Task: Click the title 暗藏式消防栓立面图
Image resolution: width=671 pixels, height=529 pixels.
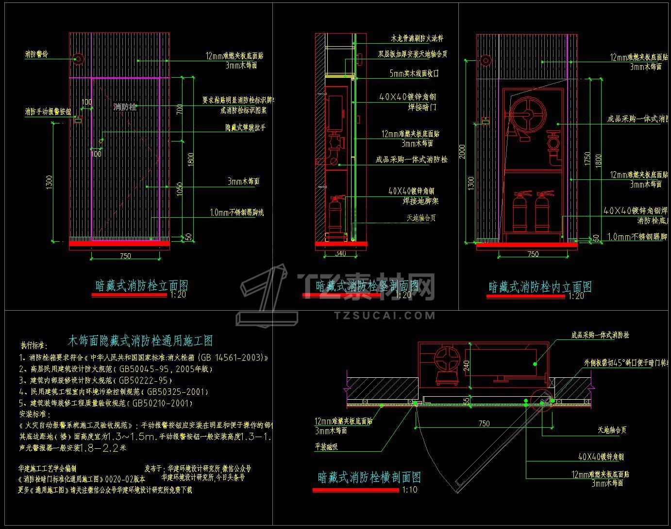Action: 141,285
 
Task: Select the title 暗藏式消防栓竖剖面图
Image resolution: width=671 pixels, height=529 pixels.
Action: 367,285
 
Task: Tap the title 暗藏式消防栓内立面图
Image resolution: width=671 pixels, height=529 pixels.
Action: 540,287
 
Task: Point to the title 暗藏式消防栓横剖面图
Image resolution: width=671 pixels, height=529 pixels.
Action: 369,477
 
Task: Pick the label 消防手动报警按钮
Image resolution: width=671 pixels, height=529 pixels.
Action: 48,112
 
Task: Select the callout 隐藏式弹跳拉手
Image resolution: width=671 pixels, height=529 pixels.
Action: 245,128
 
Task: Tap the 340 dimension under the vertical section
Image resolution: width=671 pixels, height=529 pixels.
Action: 340,254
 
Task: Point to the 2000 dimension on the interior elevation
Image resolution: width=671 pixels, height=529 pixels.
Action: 463,151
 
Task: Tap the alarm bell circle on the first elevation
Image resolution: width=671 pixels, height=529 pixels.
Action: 78,59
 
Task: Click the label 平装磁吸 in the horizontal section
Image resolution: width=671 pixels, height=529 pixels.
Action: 326,447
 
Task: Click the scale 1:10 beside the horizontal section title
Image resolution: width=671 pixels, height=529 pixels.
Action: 410,490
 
